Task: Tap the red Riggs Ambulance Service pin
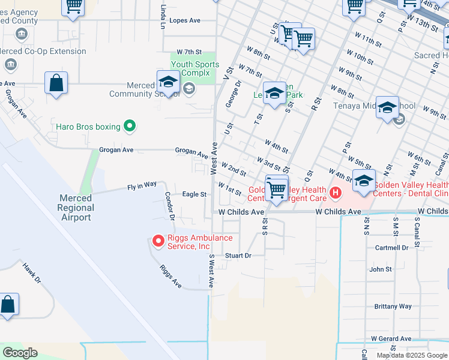(158, 241)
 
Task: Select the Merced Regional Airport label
(76, 208)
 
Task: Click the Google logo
(20, 353)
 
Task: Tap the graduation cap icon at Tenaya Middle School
(387, 108)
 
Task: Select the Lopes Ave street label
(185, 20)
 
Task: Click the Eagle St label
(194, 194)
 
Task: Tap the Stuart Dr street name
(237, 256)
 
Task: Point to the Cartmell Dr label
(391, 247)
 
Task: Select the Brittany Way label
(393, 306)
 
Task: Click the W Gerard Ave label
(391, 338)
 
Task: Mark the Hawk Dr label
(31, 272)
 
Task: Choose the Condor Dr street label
(170, 205)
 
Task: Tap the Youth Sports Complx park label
(194, 68)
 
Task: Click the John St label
(381, 269)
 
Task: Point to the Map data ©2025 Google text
(411, 355)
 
